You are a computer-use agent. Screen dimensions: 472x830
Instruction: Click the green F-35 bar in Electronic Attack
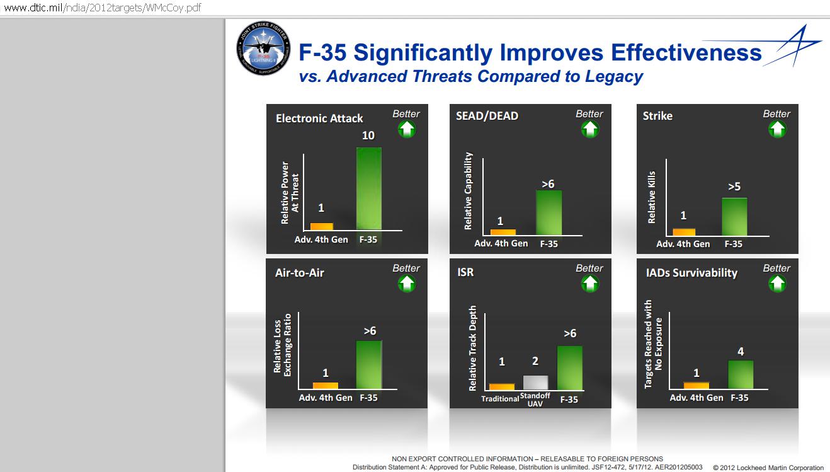click(369, 188)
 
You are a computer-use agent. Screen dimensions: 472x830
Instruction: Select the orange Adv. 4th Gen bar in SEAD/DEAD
click(503, 231)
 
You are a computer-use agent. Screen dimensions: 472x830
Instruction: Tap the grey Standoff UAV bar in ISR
click(535, 383)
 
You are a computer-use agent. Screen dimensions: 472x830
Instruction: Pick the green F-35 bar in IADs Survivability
click(741, 374)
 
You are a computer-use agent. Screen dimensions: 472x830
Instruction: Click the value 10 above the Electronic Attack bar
click(368, 135)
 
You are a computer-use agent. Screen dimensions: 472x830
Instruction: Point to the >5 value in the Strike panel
click(734, 187)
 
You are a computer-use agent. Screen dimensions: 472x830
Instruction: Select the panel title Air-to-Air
click(300, 273)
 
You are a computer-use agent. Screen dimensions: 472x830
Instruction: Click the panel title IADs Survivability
click(691, 273)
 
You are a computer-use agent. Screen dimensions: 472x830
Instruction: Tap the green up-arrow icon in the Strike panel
click(777, 129)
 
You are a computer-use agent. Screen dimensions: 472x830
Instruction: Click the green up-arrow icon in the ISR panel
click(589, 284)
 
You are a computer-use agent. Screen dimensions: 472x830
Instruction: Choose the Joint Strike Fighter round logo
click(264, 48)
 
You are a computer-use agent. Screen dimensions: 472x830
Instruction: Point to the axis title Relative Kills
click(652, 197)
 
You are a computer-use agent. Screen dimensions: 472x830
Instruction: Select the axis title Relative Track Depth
click(473, 348)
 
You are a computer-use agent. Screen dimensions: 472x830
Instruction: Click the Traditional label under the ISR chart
click(500, 399)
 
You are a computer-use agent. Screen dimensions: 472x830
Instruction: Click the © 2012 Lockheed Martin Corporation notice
click(768, 468)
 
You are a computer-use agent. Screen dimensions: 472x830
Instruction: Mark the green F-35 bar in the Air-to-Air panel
click(369, 365)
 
